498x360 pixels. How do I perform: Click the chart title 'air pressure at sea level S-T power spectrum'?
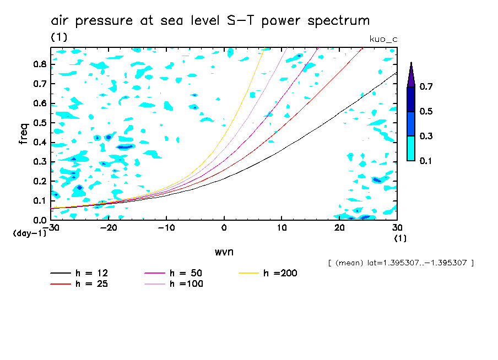click(x=210, y=21)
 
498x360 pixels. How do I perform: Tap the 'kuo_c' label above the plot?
click(x=383, y=39)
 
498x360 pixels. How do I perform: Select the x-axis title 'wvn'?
click(x=223, y=252)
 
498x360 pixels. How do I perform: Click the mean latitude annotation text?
click(x=400, y=263)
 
